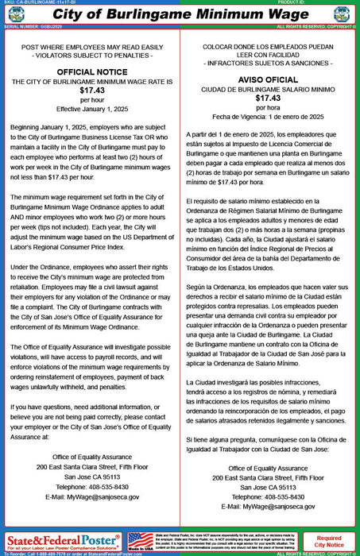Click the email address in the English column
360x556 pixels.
coord(92,496)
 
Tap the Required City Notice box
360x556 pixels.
coord(330,541)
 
